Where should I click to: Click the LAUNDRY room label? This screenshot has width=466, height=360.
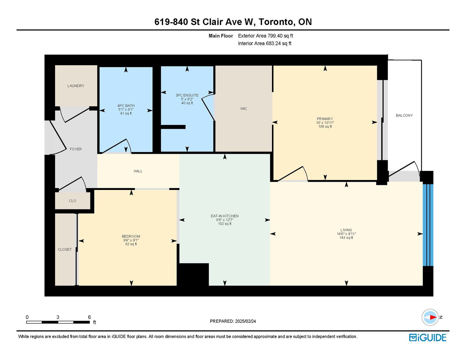76,86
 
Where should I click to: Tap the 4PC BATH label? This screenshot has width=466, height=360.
126,106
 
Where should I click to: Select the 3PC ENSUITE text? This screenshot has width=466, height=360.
187,96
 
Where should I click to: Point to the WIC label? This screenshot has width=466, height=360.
243,109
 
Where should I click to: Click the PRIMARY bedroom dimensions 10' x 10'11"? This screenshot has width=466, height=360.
325,123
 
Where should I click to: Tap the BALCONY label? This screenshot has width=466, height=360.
404,115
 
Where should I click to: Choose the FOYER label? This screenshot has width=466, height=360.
76,149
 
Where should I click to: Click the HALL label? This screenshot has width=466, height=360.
138,171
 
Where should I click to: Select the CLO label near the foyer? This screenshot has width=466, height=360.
73,201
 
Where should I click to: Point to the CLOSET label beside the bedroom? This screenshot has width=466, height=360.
65,249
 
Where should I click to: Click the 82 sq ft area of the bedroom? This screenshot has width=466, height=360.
131,244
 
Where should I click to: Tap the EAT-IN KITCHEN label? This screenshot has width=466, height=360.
225,216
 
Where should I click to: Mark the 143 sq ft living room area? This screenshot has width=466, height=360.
346,238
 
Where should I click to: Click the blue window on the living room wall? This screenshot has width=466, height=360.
428,225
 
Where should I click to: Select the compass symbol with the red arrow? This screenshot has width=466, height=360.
430,317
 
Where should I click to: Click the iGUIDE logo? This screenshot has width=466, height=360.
428,338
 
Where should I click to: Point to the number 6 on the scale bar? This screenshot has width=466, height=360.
89,317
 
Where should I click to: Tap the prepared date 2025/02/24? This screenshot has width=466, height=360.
245,321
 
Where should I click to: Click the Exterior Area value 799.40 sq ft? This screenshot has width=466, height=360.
280,36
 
